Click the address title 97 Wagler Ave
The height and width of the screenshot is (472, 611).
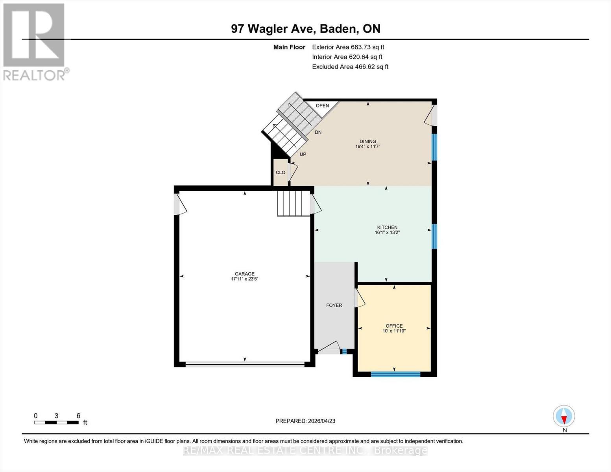coord(305,29)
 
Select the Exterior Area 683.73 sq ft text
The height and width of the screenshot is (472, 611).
coord(348,47)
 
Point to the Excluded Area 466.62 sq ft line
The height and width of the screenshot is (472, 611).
coord(350,67)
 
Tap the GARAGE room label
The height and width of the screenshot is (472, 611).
coord(244,274)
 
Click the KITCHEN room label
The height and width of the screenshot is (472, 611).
coord(387,227)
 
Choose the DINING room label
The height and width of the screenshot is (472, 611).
coord(367,141)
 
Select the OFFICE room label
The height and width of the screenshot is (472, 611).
coord(394,326)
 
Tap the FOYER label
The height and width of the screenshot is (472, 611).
coord(334,305)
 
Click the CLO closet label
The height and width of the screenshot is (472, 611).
coord(281,173)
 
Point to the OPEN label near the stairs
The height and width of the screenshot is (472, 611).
coord(322,105)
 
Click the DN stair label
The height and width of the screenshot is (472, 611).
coord(318,132)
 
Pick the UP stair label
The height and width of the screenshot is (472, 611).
coord(303,154)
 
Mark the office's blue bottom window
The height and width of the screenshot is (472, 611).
coord(395,374)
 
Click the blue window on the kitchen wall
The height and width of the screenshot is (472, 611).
coord(434,236)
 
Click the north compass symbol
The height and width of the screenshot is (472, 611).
coord(564,416)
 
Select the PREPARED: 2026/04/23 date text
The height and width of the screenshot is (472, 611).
coord(305,421)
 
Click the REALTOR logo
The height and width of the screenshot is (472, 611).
coord(35,41)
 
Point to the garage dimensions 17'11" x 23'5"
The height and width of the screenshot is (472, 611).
coord(244,279)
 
